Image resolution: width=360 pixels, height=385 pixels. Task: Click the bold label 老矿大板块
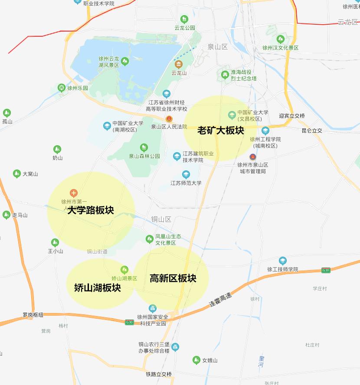(x=221, y=131)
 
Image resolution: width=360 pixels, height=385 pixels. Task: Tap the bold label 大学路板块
(x=91, y=211)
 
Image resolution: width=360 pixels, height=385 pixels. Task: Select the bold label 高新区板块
(x=173, y=278)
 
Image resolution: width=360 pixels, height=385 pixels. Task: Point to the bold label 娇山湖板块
(x=98, y=287)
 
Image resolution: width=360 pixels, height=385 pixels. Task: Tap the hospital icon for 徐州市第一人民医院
(x=74, y=192)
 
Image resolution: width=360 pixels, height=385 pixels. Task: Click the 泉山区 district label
(x=217, y=47)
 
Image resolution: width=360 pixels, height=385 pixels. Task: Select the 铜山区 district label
(x=161, y=219)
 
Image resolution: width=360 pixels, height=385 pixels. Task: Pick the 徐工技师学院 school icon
(x=283, y=261)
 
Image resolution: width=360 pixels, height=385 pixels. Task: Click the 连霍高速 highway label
(x=220, y=299)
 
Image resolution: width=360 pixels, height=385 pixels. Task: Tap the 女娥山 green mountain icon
(x=196, y=360)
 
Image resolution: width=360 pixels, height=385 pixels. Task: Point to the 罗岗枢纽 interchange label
(x=33, y=315)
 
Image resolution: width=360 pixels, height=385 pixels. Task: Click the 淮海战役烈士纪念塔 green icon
(x=225, y=75)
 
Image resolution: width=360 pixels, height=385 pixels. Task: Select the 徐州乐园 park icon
(x=62, y=88)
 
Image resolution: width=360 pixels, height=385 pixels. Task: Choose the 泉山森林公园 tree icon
(x=144, y=148)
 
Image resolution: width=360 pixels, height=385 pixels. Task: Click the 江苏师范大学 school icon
(x=186, y=174)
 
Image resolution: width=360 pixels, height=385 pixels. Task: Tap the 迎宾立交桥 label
(x=292, y=116)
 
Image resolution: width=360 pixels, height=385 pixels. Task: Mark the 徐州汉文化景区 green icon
(x=280, y=39)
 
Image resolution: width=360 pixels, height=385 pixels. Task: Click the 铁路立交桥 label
(x=159, y=374)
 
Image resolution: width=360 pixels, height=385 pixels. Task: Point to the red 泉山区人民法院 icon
(x=169, y=119)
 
